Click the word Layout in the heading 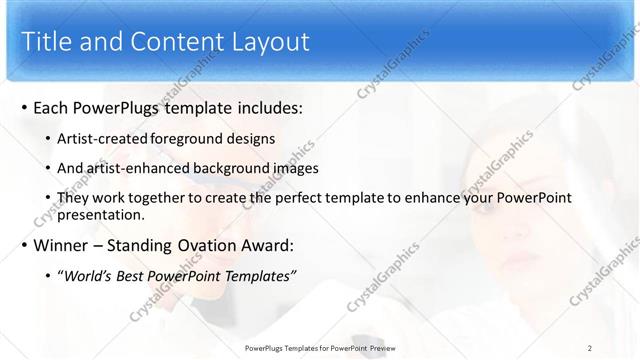[270, 41]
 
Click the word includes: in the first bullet [260, 108]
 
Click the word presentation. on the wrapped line [101, 214]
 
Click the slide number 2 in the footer [590, 347]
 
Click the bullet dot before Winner [24, 246]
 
